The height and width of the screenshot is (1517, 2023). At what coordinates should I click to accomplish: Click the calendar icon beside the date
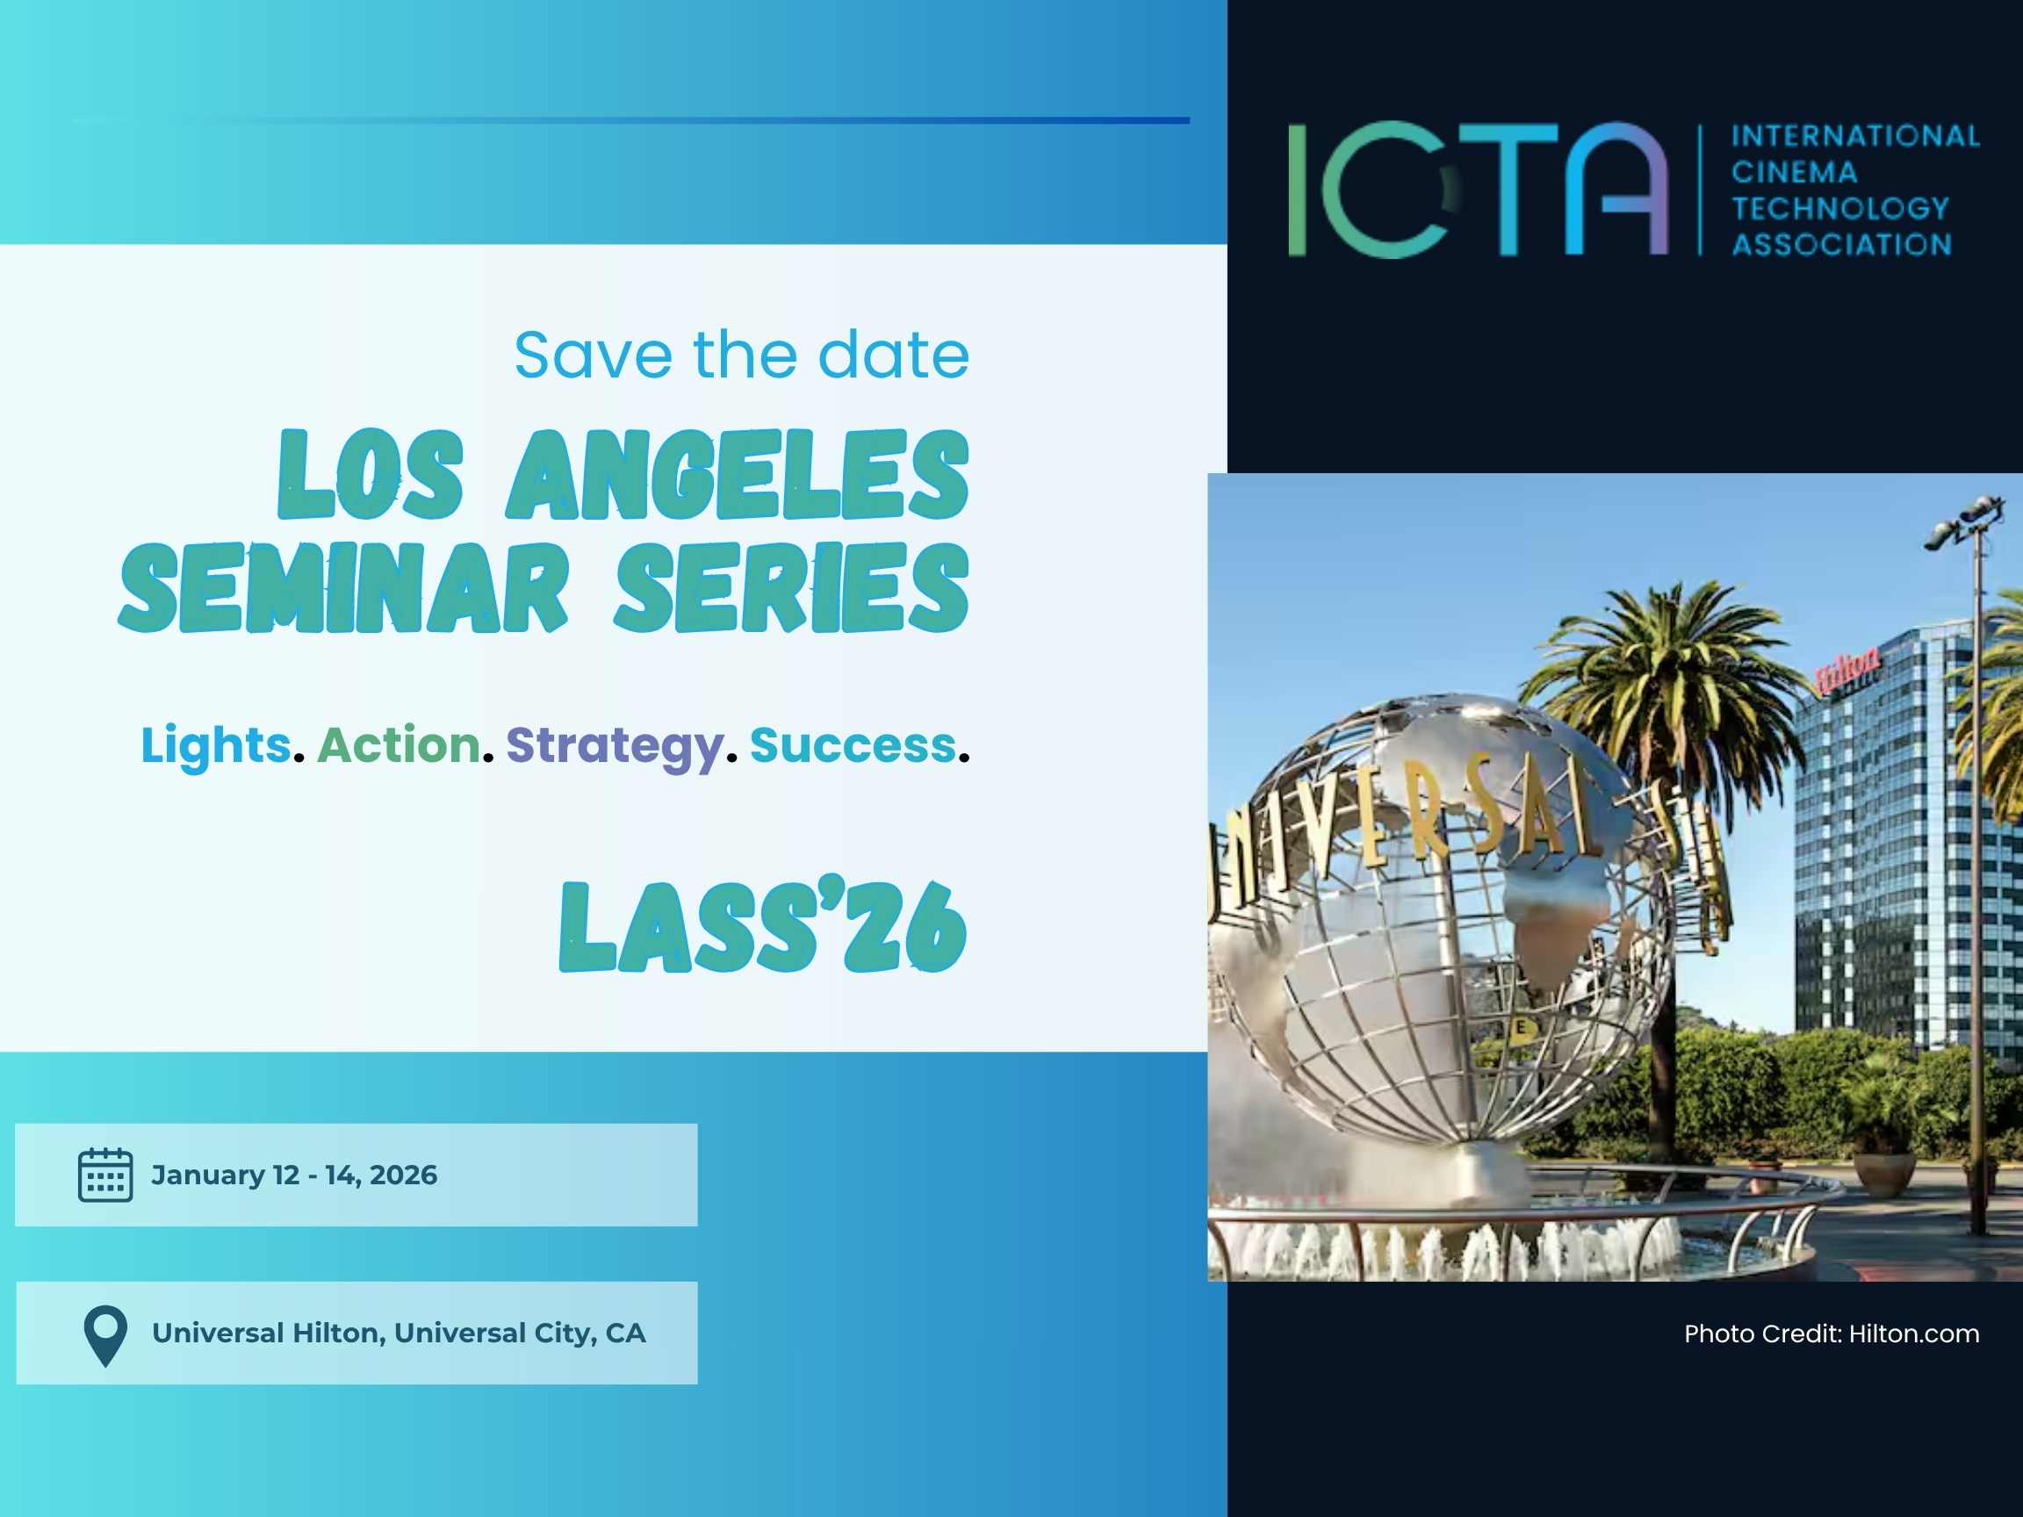105,1174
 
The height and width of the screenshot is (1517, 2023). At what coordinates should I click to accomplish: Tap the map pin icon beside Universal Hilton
105,1335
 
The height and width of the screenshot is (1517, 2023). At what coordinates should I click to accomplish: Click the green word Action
399,744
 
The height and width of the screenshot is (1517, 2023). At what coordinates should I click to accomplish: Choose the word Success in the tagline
853,744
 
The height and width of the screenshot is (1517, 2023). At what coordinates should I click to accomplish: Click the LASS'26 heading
763,924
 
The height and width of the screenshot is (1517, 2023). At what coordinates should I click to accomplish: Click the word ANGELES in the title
738,475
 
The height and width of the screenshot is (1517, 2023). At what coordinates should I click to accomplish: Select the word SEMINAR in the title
344,588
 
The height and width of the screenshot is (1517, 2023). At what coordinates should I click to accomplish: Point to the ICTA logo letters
1478,190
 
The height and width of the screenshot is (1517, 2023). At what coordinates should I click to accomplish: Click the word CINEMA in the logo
1795,172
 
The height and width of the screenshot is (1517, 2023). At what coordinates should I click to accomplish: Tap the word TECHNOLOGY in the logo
1840,208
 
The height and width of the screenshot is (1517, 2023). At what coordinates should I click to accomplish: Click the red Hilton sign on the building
1848,668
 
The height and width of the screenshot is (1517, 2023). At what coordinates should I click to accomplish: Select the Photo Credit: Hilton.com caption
1832,1334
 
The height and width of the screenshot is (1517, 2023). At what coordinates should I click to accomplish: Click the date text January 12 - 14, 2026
294,1175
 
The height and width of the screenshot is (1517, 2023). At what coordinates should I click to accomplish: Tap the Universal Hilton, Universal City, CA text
399,1334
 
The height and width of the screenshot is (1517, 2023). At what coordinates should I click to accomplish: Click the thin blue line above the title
631,119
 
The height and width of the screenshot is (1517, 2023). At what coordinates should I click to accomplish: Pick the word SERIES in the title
792,588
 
